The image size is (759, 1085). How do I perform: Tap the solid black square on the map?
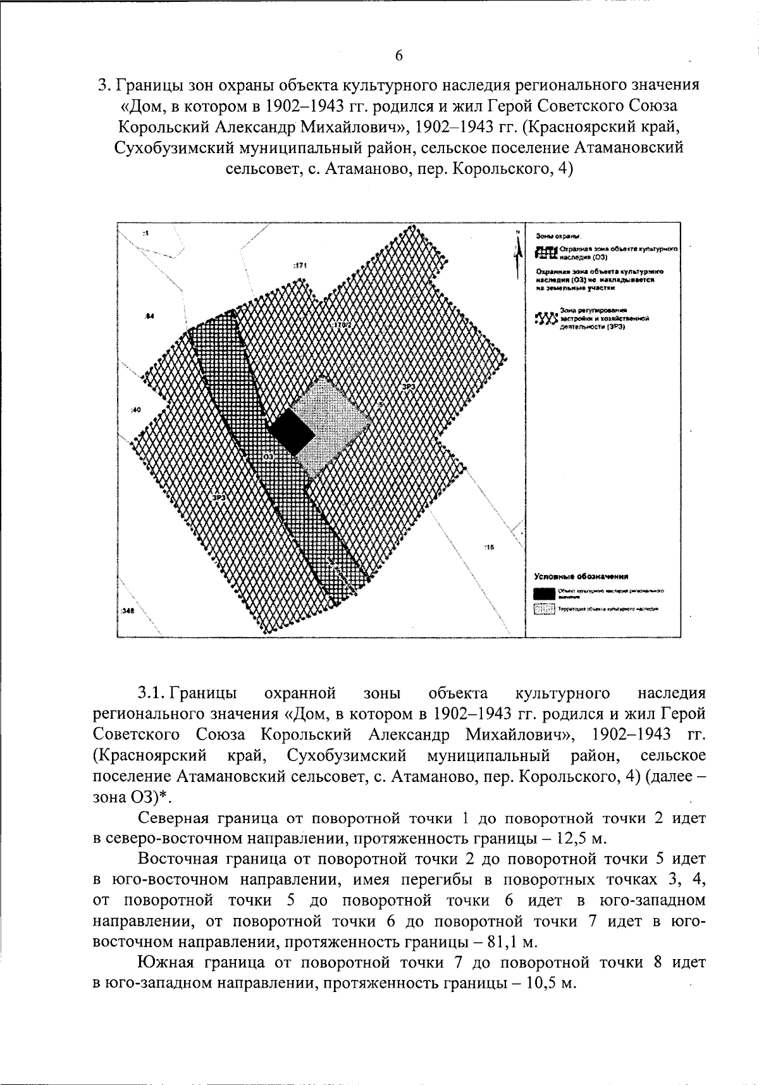pos(292,432)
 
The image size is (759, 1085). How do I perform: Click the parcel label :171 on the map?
pos(300,266)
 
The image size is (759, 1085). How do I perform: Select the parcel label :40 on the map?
pos(136,411)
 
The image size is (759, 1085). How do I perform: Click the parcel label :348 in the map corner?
pos(127,612)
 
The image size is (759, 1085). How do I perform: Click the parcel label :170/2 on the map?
pos(342,325)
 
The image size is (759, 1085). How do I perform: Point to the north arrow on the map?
pos(518,249)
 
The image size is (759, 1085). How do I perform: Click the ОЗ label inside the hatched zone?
pos(268,456)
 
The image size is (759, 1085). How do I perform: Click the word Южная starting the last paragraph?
pos(166,963)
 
